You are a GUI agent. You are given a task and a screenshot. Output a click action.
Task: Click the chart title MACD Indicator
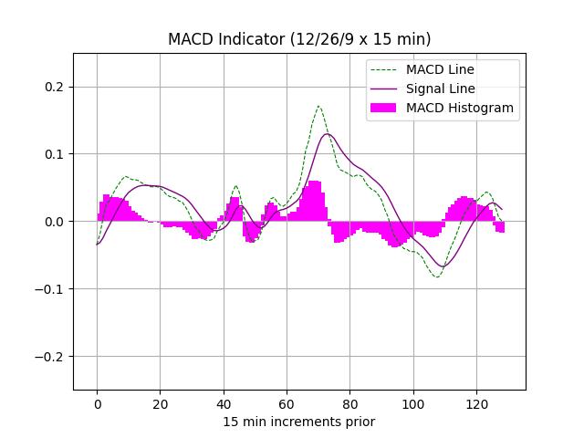point(299,39)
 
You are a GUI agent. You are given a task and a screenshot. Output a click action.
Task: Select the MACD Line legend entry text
point(440,69)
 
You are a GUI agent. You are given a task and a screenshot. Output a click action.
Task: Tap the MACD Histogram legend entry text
point(460,108)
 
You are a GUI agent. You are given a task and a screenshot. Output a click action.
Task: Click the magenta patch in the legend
point(383,108)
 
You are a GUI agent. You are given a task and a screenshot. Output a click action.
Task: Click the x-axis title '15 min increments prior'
point(299,422)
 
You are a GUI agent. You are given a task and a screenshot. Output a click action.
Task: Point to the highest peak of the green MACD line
point(318,106)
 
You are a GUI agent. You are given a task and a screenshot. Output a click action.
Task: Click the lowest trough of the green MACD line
point(436,276)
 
